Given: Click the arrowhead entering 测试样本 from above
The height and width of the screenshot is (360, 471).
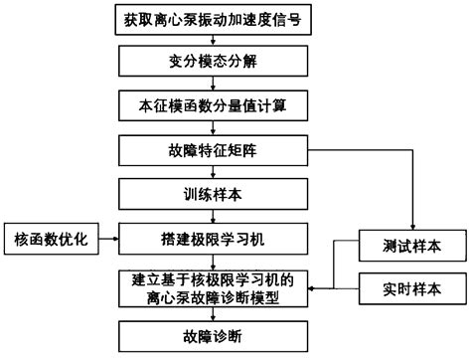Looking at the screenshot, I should coord(412,225).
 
